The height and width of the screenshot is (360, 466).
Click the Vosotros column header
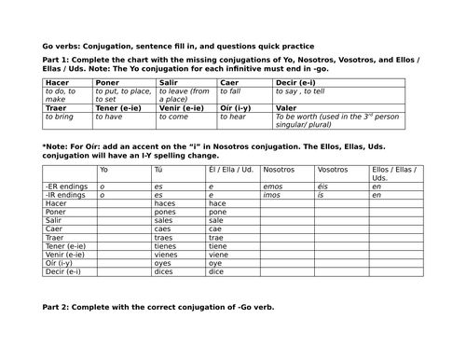click(332, 171)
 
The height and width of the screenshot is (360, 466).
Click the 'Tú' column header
click(158, 171)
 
